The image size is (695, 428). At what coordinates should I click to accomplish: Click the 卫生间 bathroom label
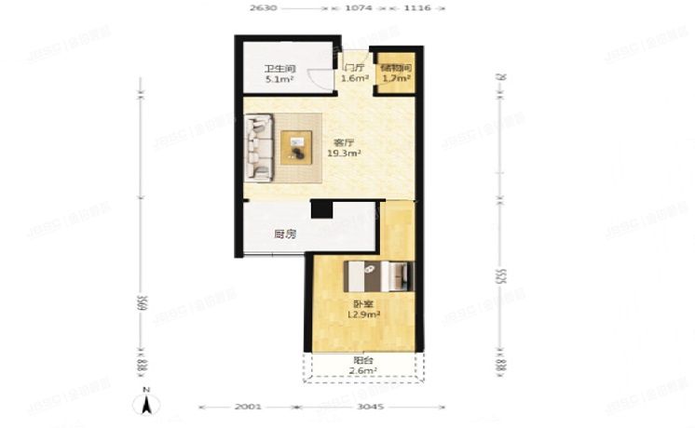point(279,68)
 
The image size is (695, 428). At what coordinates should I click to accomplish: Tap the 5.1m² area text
point(279,80)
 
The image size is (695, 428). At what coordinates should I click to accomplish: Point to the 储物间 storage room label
point(396,68)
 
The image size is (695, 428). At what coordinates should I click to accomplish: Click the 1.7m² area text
point(396,79)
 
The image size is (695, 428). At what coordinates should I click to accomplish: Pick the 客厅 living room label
point(344,142)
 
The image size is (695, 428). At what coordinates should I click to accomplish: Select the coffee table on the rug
point(297,147)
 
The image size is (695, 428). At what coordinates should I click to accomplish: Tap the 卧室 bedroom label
point(359,304)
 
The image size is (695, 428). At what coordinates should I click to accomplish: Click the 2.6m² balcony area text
point(362,372)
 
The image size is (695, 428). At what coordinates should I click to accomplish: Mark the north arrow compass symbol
point(146,405)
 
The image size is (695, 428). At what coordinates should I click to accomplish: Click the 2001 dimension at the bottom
point(248,408)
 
